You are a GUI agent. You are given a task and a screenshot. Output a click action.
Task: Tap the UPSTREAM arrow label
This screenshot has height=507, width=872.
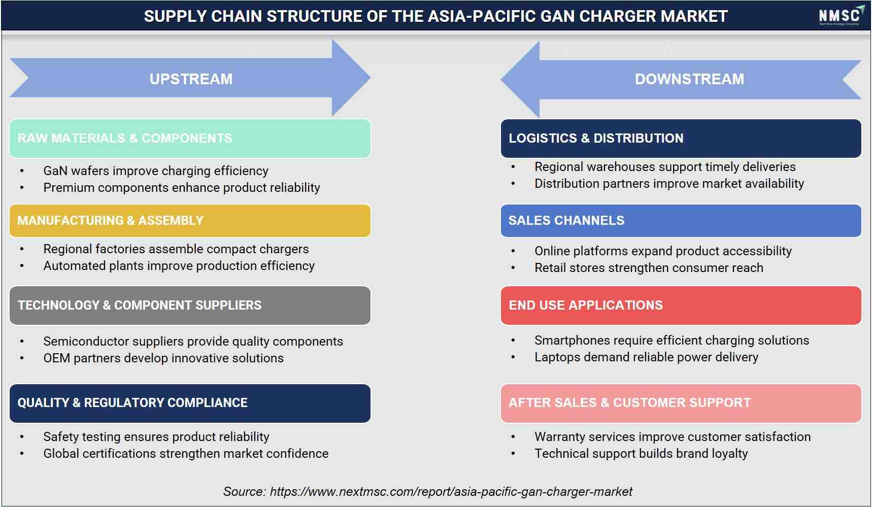point(191,79)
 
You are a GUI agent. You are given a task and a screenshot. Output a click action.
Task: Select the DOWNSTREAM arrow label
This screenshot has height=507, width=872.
point(689,79)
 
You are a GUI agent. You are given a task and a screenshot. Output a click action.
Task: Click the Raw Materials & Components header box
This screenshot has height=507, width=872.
point(190,139)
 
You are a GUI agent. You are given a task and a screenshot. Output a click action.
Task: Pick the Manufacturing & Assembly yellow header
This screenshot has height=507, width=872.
point(190,221)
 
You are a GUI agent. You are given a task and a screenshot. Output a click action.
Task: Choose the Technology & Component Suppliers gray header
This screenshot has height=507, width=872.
point(190,306)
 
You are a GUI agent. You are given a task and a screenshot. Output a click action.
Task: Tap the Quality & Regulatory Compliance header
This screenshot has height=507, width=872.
point(190,403)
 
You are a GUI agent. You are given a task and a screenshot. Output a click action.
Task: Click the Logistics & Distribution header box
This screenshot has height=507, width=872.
point(681,139)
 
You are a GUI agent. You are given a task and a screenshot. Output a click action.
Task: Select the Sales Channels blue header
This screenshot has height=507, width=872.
point(681,221)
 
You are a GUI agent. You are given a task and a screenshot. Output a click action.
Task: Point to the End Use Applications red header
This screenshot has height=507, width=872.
point(681,306)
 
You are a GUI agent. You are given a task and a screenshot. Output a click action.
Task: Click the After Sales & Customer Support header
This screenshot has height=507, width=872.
point(681,403)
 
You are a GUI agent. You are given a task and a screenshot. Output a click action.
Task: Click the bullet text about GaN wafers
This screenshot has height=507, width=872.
point(156,171)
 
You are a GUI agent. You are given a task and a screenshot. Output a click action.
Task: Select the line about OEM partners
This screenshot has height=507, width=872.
point(163,358)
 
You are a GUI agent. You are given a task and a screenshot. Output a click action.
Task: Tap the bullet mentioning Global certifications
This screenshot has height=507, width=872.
point(186,454)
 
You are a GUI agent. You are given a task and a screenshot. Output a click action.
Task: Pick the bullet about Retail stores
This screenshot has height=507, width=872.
point(649,268)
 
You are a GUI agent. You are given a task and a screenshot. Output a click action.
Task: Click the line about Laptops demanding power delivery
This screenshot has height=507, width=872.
point(646,357)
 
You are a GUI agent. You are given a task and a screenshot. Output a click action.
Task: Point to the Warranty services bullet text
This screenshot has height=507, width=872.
point(673,437)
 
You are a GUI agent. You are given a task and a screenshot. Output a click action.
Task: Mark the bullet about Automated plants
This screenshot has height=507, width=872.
point(179,266)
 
